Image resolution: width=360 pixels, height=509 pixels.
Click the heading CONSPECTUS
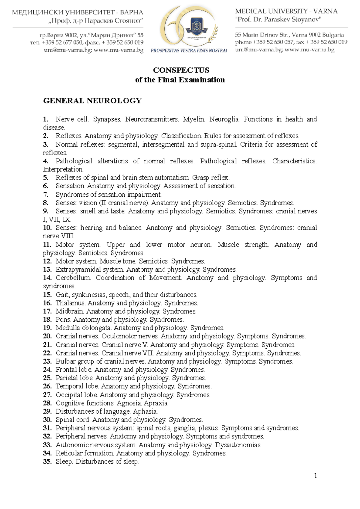181,70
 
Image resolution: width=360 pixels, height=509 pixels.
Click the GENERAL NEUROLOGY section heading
92,101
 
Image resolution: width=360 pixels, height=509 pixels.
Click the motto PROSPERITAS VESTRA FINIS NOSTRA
189,50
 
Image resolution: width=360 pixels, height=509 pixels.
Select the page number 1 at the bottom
315,475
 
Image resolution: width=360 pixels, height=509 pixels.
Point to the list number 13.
47,269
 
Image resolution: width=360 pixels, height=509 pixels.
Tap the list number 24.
47,370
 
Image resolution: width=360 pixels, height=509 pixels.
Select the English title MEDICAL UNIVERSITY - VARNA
286,11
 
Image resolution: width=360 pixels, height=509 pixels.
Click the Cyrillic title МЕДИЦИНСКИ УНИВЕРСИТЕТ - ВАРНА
77,13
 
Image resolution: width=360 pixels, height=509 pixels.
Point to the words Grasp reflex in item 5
211,177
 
